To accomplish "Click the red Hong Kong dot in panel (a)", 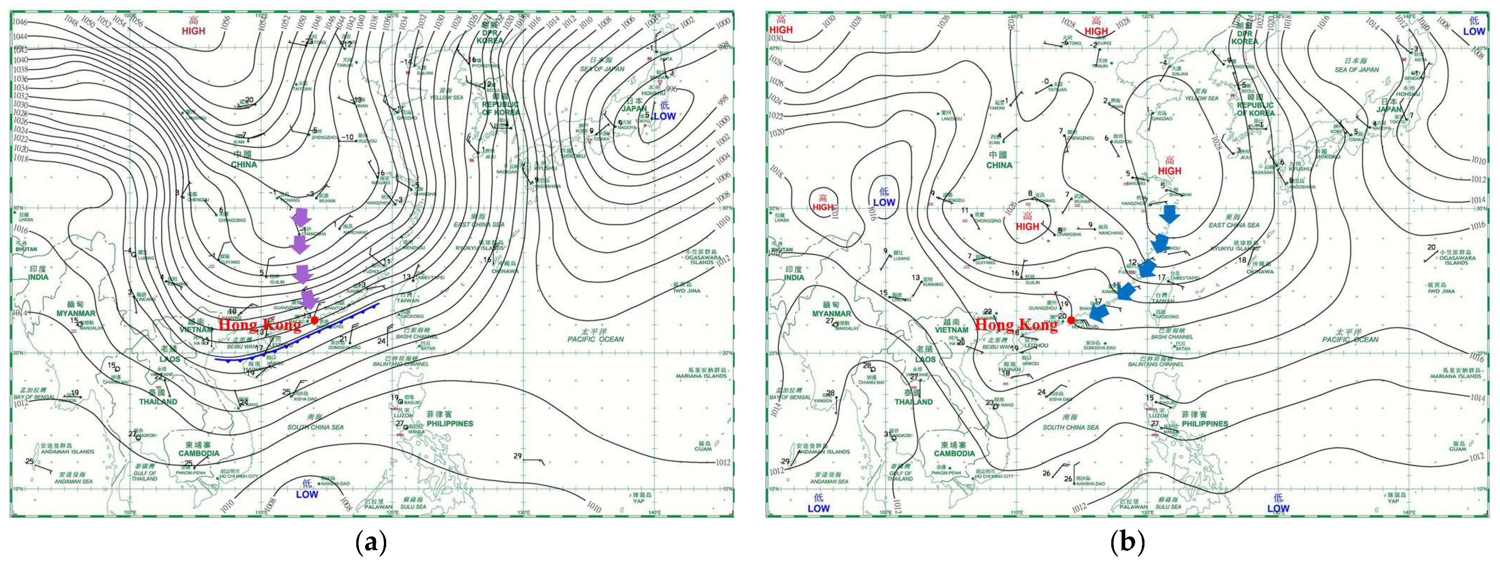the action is [315, 320].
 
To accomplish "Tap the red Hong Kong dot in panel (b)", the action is [1071, 320].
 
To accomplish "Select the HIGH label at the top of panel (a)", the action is [193, 31].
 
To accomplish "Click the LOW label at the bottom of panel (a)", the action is [307, 494].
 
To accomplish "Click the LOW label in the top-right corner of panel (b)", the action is [1474, 31].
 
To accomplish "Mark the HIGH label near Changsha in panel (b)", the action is [1027, 226].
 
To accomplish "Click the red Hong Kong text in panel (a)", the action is [260, 325].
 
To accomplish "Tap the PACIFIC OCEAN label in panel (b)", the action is [1350, 339].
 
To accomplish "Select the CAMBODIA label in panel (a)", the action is [199, 453].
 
